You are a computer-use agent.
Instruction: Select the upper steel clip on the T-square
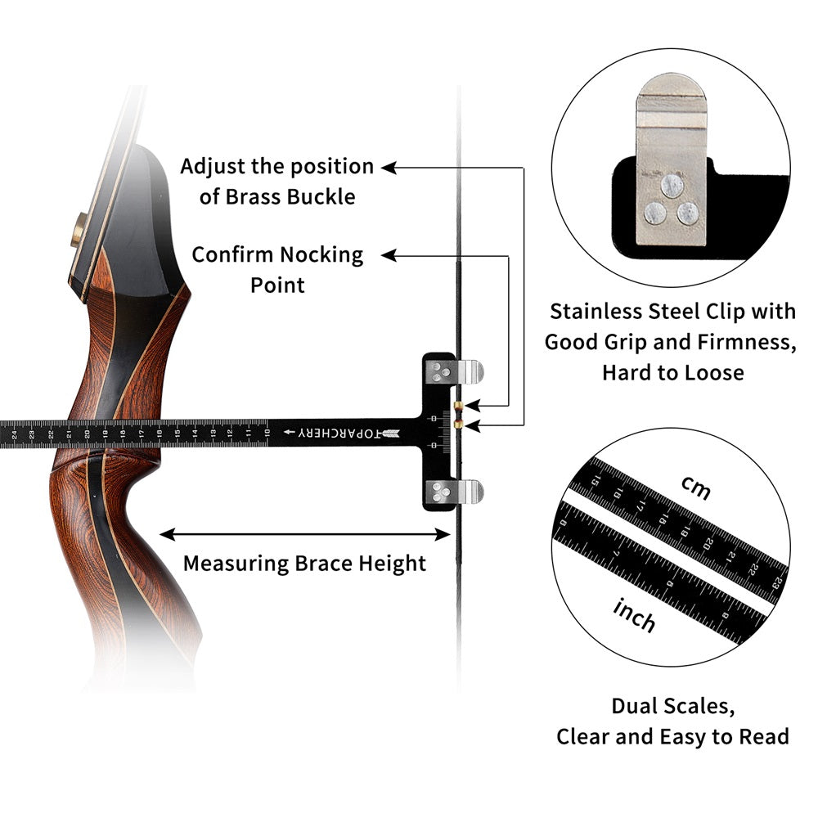pos(469,372)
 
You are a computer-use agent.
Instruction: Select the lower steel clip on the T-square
pos(468,492)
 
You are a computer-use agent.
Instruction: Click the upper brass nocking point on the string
pos(459,407)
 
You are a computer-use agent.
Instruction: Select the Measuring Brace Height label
pos(304,564)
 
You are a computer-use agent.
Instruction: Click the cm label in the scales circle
pos(695,488)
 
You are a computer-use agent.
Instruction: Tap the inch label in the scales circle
pos(634,614)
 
